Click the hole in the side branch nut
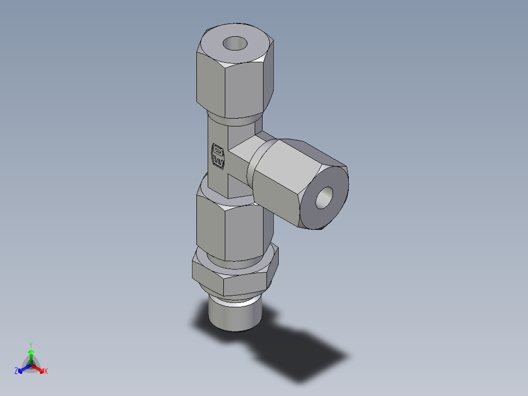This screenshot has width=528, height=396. click(x=324, y=198)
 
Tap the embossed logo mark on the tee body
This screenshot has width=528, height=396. click(x=217, y=156)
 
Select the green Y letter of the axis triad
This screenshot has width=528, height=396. click(x=30, y=344)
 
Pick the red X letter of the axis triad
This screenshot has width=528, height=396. click(x=46, y=371)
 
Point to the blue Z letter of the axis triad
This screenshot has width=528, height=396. click(x=16, y=371)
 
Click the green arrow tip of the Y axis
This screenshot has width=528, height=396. click(x=31, y=352)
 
